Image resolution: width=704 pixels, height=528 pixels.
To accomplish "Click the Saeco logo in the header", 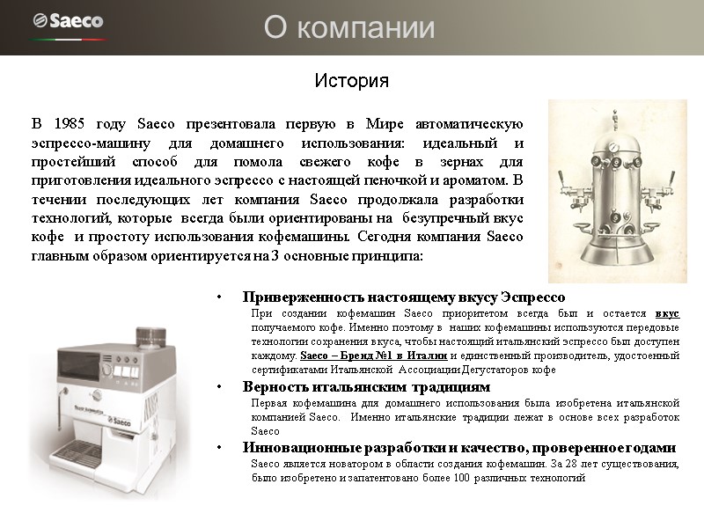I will coord(68,20).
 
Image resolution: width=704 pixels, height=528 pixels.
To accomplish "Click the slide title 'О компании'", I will coord(350,28).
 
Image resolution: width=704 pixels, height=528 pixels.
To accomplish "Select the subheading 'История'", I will coord(351,82).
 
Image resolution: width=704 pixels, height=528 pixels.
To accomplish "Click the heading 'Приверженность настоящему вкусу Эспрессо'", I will coord(404,297).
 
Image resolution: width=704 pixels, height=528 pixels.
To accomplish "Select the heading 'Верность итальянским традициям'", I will coord(366,386).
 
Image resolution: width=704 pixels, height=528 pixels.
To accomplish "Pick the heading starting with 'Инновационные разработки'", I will coord(459,447).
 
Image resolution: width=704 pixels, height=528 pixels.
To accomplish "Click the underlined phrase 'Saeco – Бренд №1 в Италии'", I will coord(375,356).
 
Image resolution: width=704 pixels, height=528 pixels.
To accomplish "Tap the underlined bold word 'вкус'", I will coord(667,313).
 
